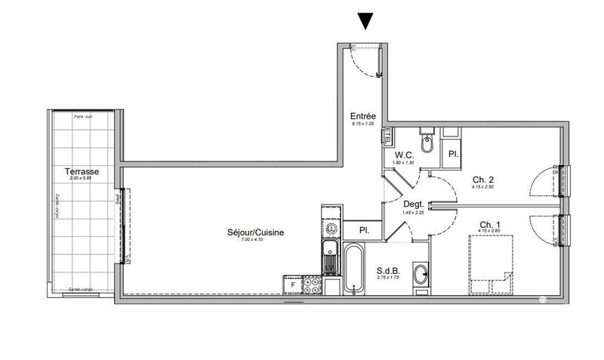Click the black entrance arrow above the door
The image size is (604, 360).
tap(366, 20)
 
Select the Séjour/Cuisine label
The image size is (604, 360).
tap(255, 232)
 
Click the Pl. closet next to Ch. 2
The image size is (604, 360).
tap(453, 154)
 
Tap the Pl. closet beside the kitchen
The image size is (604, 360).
tap(363, 231)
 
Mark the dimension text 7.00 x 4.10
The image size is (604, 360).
tap(255, 240)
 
